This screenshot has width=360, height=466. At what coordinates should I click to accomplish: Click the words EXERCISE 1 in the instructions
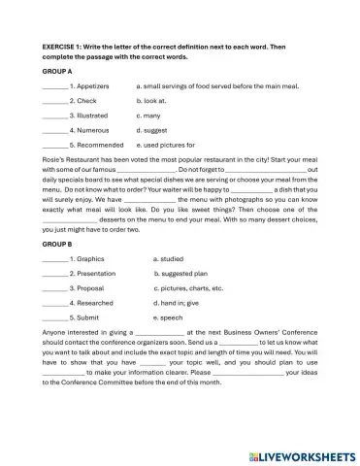(64, 46)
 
